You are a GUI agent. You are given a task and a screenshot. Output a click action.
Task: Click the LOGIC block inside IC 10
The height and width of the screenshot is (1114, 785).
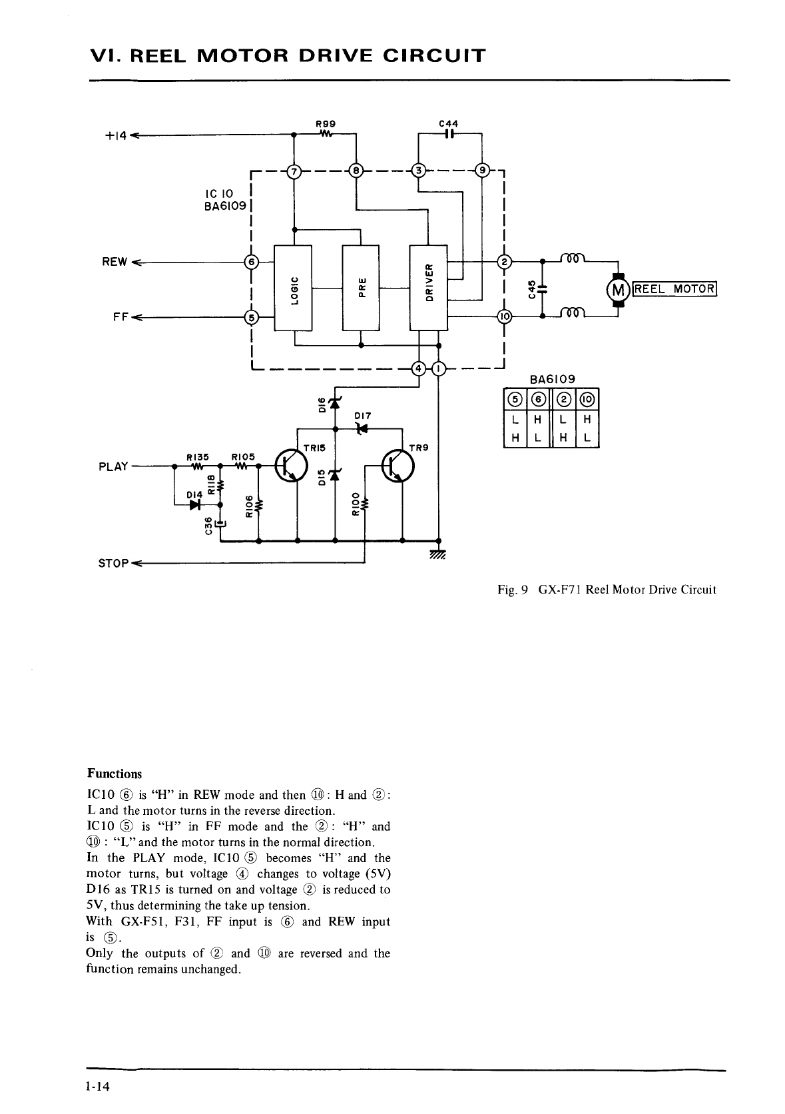coord(293,287)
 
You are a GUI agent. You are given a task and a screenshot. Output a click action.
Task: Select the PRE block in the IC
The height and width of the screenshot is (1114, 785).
coord(360,287)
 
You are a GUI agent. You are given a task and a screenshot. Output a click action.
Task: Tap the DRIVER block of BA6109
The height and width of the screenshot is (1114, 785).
coord(429,287)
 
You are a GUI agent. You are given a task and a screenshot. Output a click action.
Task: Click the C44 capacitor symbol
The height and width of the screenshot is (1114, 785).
coord(449,133)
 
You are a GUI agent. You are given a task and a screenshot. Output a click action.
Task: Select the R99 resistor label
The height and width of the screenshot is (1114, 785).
coord(325,123)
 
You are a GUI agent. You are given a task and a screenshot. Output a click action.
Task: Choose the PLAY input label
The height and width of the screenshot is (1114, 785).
coord(113,466)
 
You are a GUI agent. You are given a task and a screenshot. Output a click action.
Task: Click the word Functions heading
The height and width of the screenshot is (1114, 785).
coord(115,774)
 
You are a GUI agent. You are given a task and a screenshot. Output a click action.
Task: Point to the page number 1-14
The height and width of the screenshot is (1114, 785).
coord(97,1087)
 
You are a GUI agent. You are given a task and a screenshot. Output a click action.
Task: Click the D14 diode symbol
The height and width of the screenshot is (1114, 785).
coord(194,504)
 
